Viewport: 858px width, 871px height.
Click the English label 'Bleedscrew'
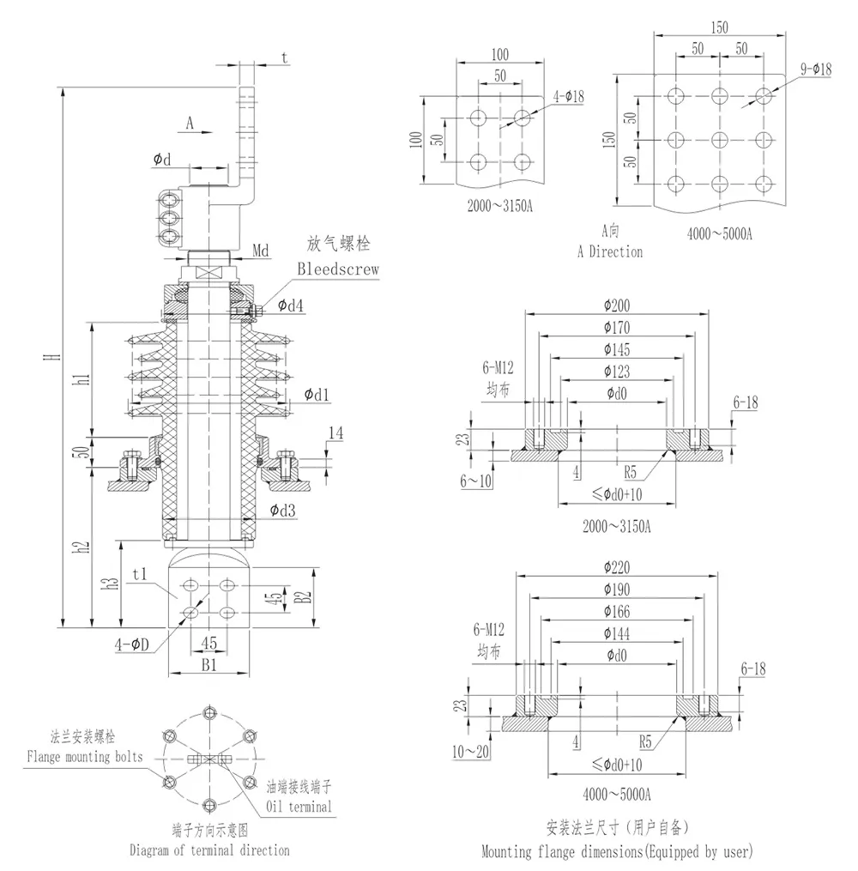point(338,269)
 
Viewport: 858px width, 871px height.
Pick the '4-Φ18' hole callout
point(567,97)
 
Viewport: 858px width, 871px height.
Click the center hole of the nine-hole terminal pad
point(719,138)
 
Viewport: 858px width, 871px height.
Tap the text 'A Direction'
point(610,251)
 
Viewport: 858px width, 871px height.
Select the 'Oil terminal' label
point(298,807)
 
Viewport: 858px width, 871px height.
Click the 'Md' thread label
point(262,251)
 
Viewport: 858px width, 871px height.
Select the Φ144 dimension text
point(616,632)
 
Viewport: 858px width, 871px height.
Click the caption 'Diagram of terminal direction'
point(209,850)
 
